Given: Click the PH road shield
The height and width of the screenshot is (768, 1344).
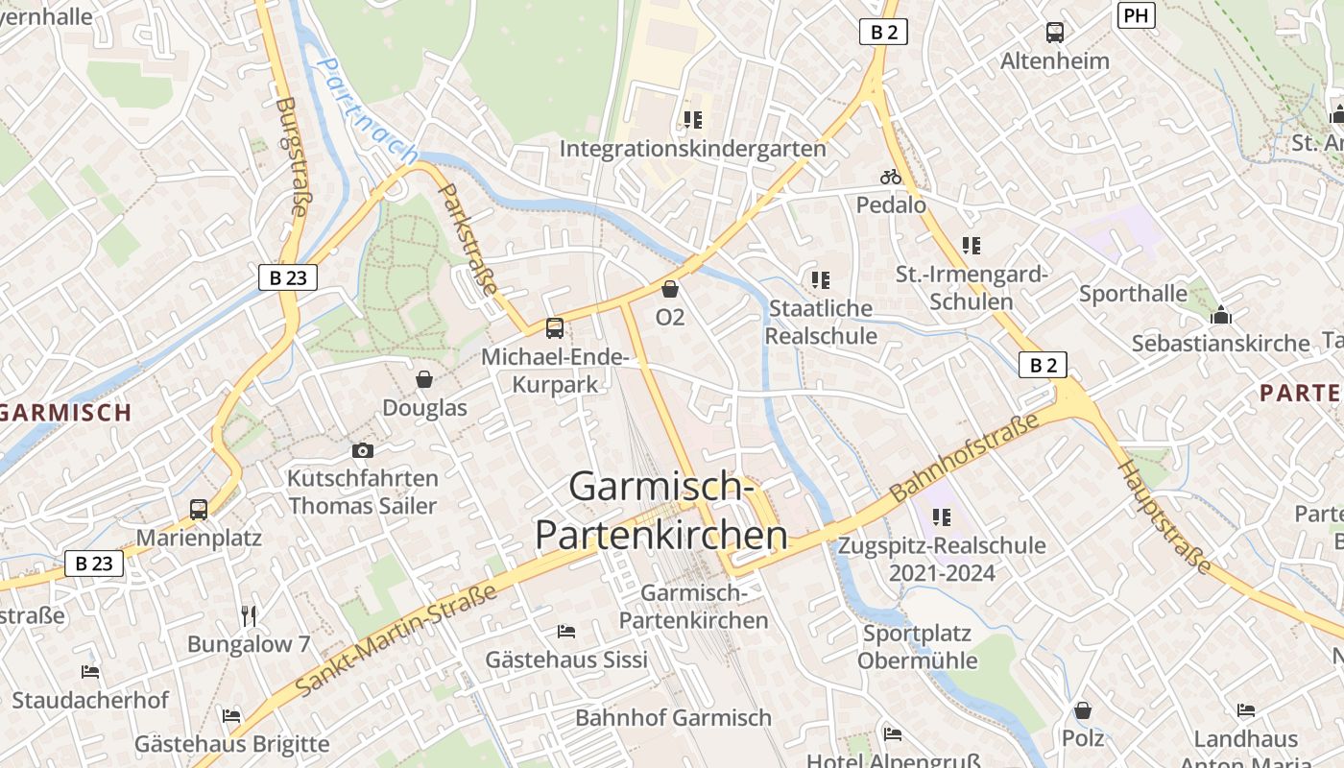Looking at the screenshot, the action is tap(1136, 15).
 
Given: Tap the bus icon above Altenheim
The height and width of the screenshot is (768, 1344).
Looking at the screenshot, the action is tap(1055, 33).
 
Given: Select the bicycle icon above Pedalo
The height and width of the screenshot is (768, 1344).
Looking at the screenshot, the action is tap(891, 177).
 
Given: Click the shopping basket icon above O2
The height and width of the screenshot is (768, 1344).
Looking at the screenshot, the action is tap(670, 288).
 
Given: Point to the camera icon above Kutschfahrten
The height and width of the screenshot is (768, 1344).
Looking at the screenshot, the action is tap(362, 450).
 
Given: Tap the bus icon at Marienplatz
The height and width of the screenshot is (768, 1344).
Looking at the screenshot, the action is tap(199, 510).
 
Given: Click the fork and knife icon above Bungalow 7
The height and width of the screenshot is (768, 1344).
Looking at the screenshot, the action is tap(249, 615).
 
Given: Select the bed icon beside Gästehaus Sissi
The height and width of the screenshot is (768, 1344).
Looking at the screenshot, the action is tap(566, 631).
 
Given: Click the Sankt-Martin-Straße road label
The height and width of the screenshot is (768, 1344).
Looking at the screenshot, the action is tap(396, 640).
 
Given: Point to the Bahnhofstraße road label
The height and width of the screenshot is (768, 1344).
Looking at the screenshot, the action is tap(964, 459).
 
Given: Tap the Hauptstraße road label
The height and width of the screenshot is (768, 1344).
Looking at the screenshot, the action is tap(1164, 516).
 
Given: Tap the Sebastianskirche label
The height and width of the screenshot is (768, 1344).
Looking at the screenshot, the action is tap(1220, 344).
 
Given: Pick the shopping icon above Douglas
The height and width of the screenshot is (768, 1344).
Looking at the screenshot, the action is tap(424, 379).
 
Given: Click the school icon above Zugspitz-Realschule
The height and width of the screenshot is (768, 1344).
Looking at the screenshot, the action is tap(942, 517).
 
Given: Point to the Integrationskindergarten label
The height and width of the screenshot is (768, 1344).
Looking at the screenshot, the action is tap(692, 149).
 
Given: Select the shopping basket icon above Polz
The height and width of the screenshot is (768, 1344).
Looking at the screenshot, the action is tap(1083, 710).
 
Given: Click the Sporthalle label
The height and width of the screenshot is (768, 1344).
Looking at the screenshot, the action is tap(1133, 294).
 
